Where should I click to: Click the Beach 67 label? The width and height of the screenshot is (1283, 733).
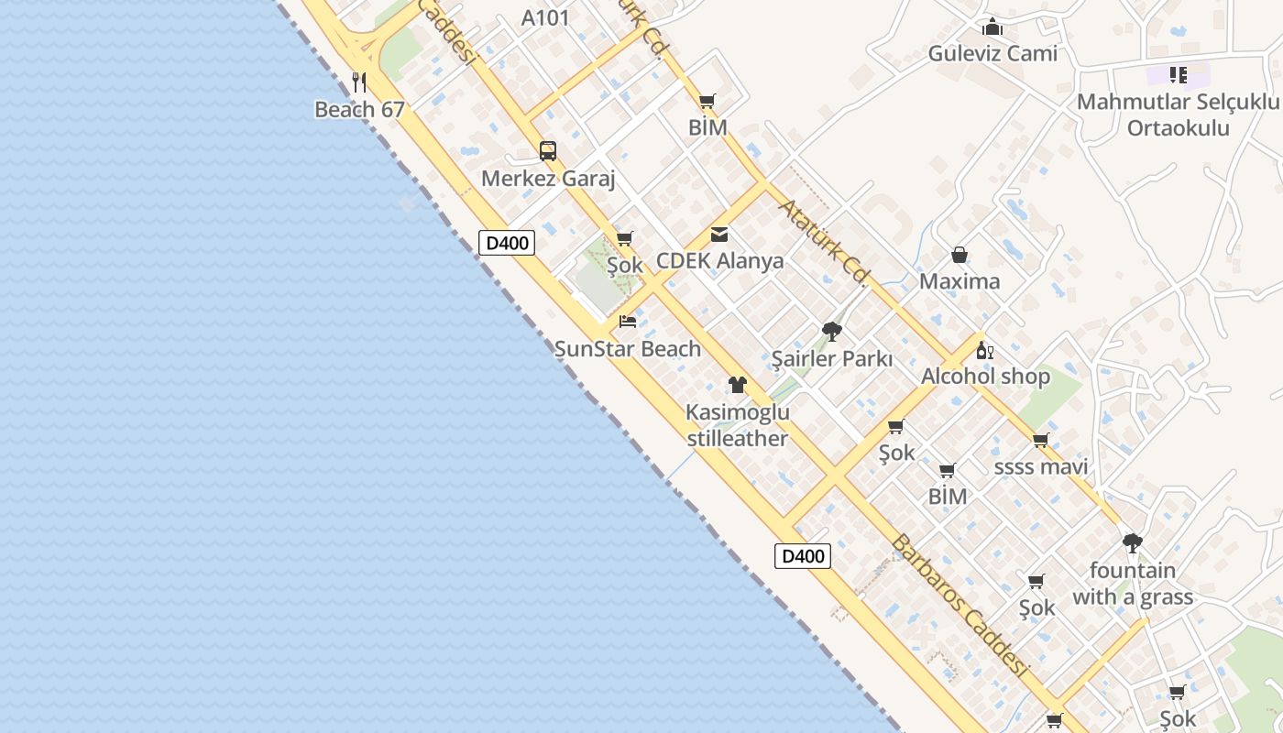pyautogui.click(x=359, y=110)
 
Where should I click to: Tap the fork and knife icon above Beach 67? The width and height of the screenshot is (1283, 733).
pyautogui.click(x=359, y=82)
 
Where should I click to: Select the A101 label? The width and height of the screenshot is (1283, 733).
pyautogui.click(x=545, y=17)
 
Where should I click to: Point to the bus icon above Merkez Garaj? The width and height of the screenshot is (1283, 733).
pyautogui.click(x=548, y=151)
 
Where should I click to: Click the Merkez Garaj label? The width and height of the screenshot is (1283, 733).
pyautogui.click(x=548, y=179)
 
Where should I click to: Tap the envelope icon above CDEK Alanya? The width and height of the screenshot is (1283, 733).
pyautogui.click(x=719, y=235)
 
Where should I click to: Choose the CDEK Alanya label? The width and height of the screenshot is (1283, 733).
pyautogui.click(x=719, y=261)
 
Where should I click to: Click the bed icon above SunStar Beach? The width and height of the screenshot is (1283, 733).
pyautogui.click(x=628, y=322)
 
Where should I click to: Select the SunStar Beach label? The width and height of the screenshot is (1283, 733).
pyautogui.click(x=628, y=349)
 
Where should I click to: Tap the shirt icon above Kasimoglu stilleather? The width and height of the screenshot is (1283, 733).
pyautogui.click(x=738, y=385)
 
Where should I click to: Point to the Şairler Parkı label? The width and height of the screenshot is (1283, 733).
pyautogui.click(x=831, y=358)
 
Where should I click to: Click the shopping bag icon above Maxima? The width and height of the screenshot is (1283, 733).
pyautogui.click(x=960, y=255)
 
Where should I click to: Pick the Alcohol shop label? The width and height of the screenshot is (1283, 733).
pyautogui.click(x=985, y=377)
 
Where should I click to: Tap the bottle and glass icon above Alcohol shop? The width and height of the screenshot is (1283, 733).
pyautogui.click(x=985, y=350)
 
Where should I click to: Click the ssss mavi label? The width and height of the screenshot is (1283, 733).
pyautogui.click(x=1041, y=467)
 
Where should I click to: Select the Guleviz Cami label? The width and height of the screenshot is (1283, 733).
pyautogui.click(x=992, y=53)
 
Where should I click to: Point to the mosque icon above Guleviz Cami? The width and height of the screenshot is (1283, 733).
pyautogui.click(x=992, y=27)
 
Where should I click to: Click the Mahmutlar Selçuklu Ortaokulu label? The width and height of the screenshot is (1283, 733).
pyautogui.click(x=1178, y=115)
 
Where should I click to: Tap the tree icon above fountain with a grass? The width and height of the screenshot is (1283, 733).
pyautogui.click(x=1133, y=542)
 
